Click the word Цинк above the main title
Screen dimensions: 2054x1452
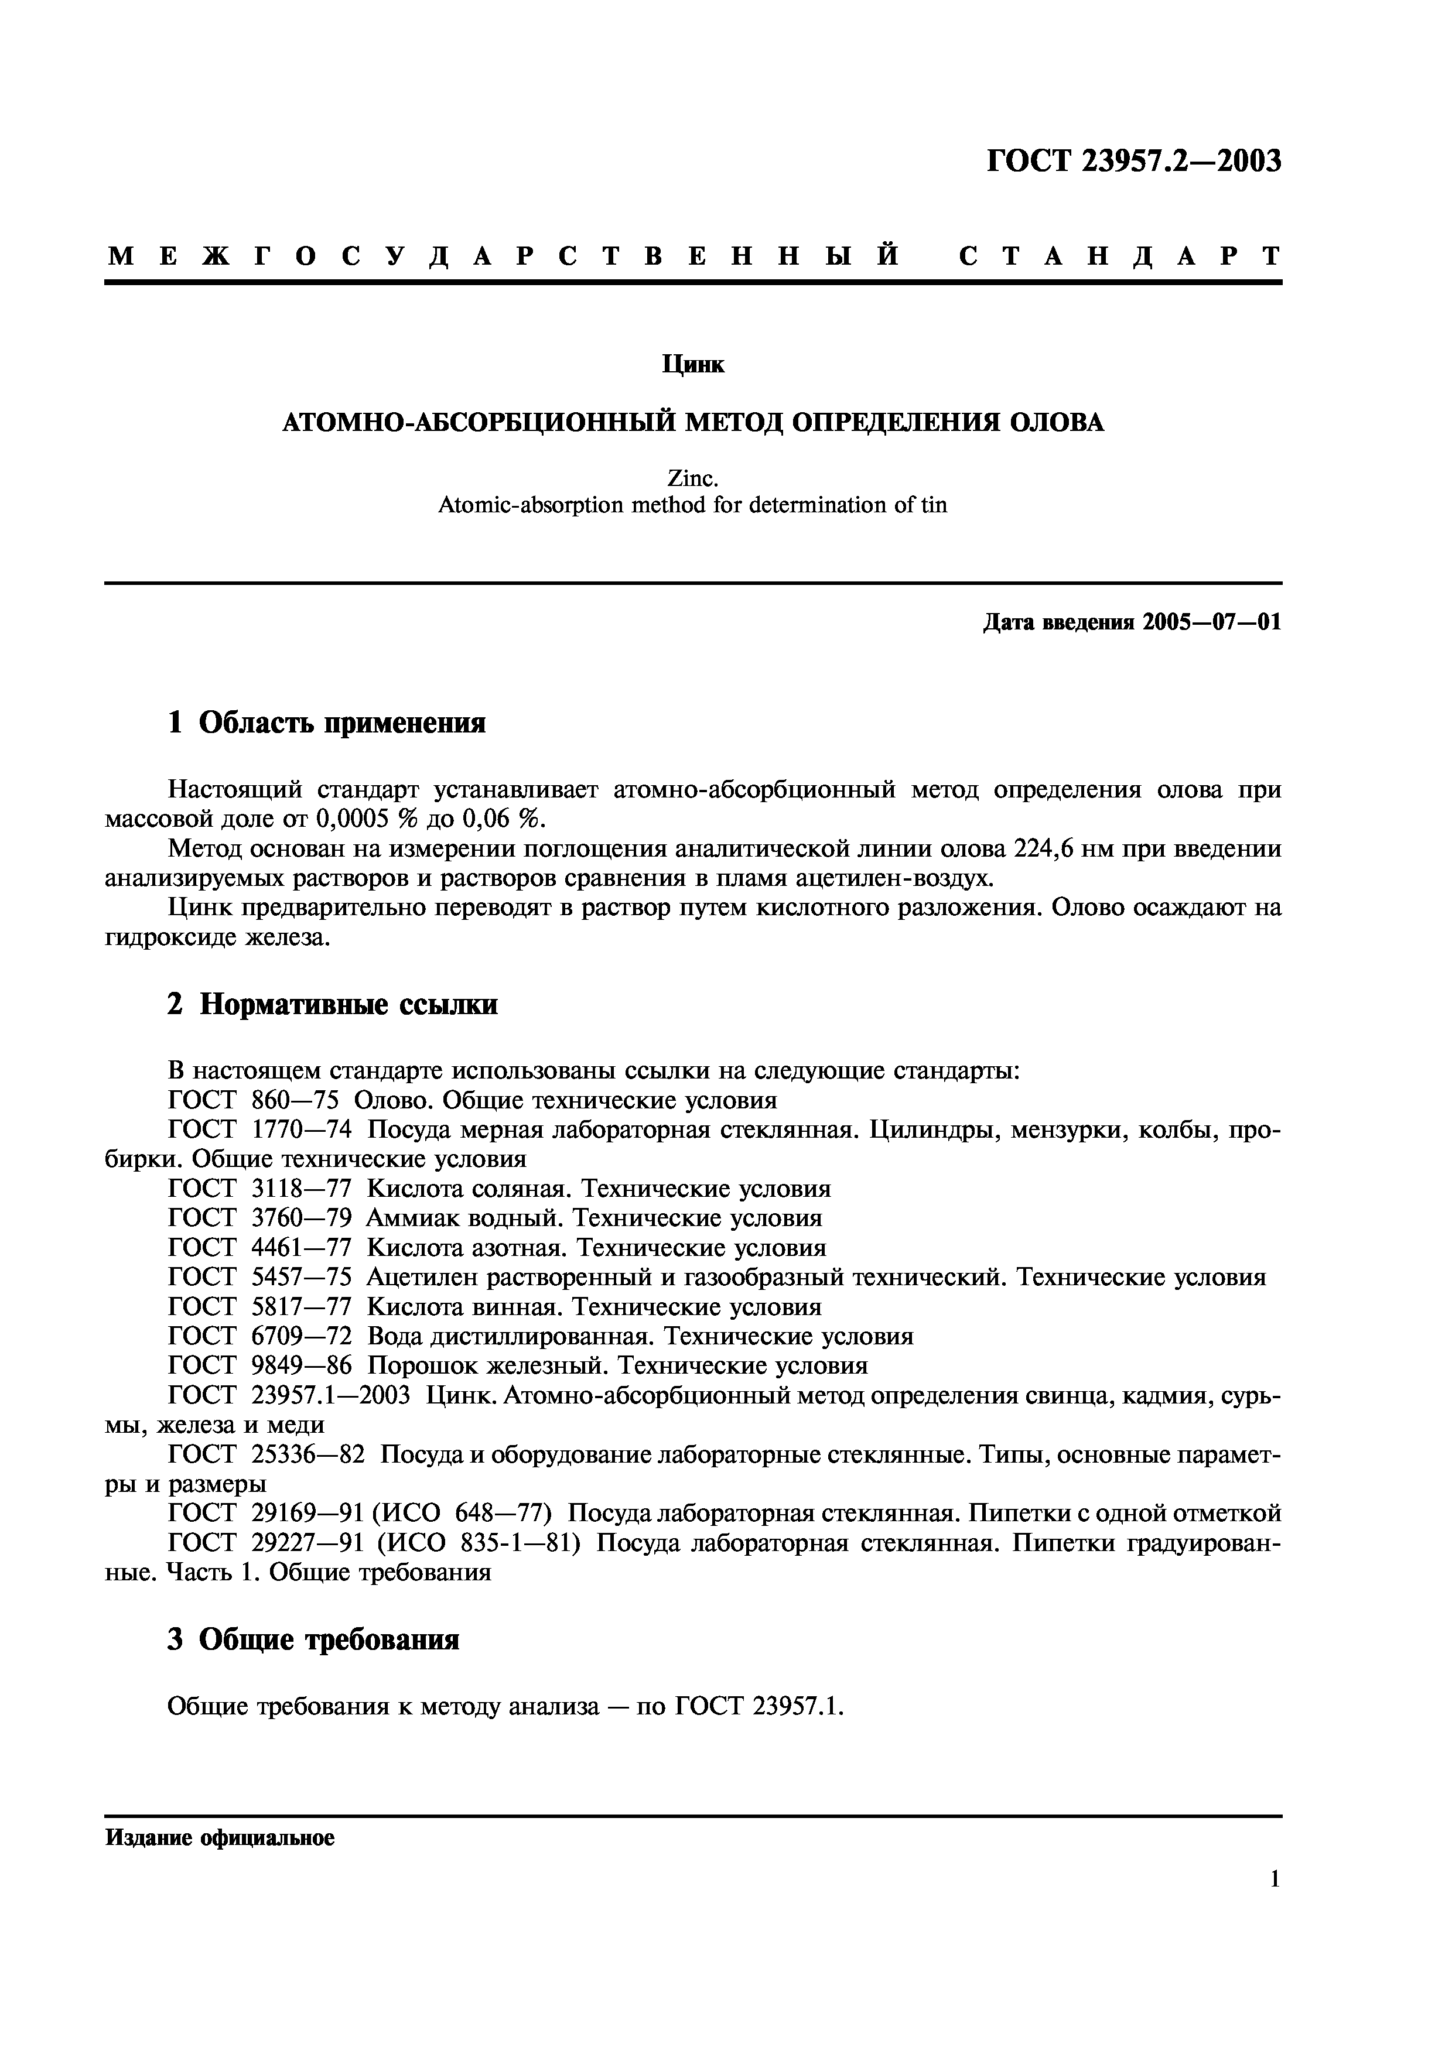[693, 364]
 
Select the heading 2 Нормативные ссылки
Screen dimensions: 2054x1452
[332, 1005]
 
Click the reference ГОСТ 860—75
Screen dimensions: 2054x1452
[253, 1100]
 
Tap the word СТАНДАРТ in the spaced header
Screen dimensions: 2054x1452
[1119, 256]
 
